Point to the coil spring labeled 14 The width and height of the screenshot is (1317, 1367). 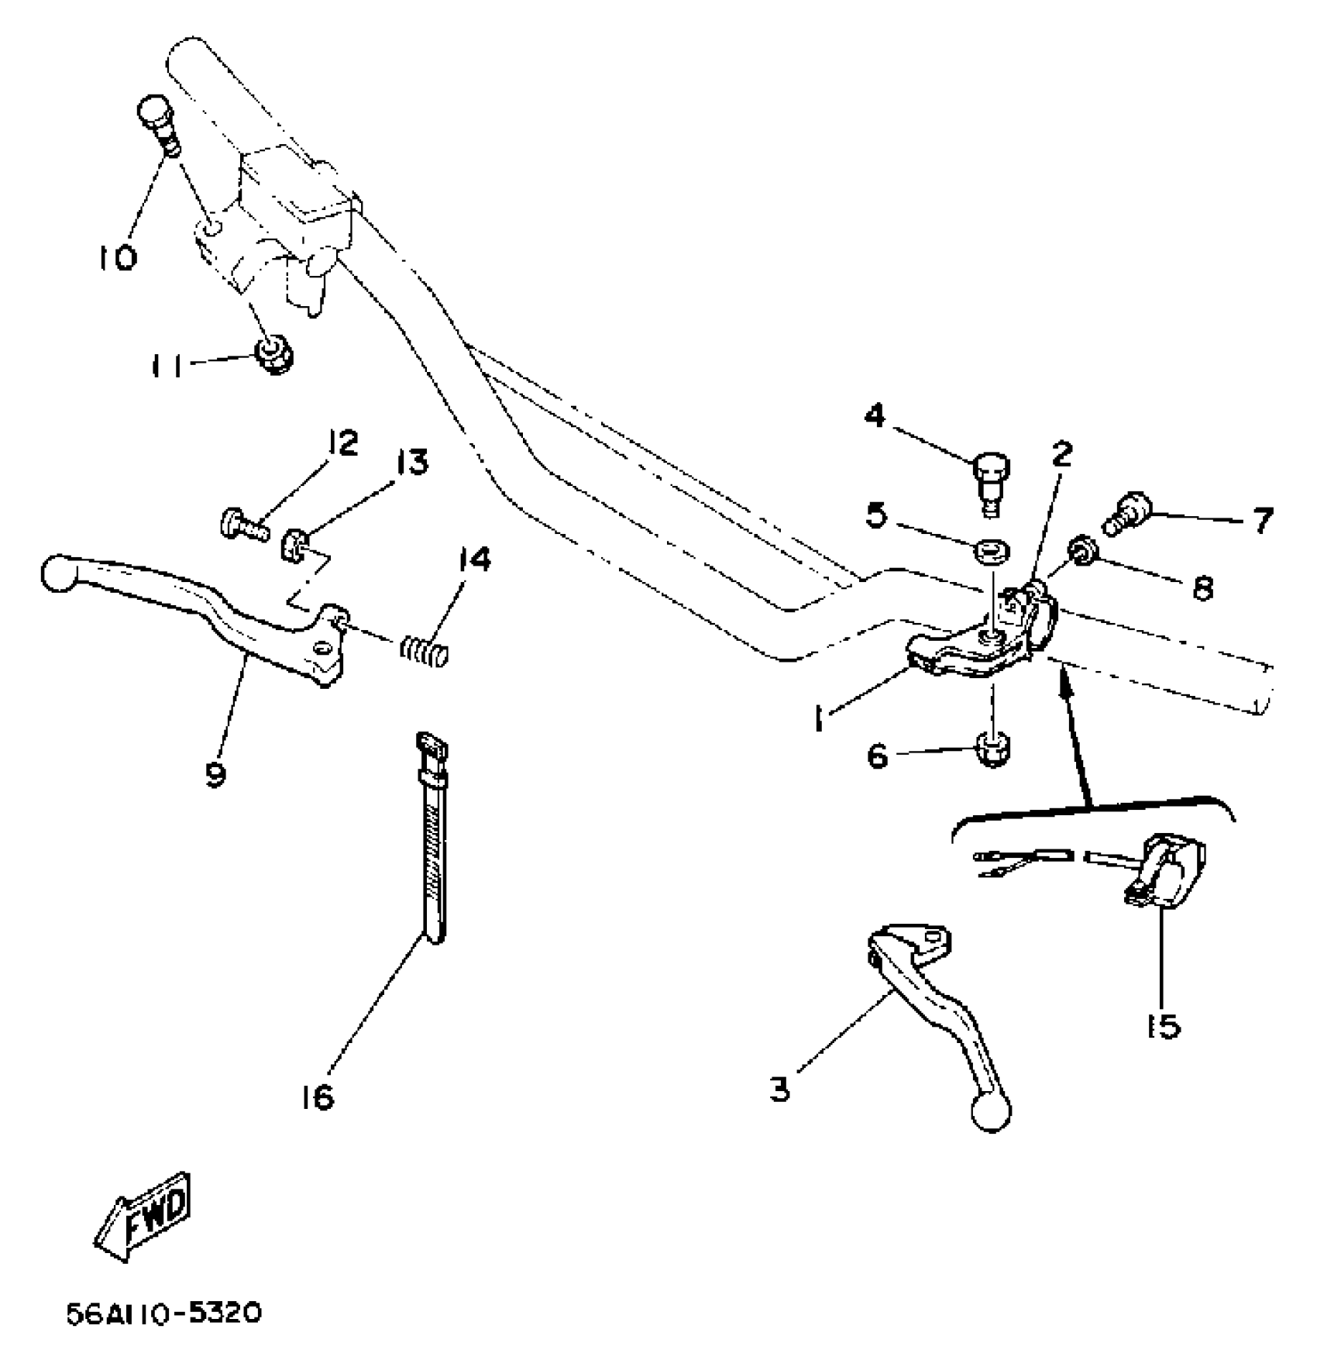pyautogui.click(x=425, y=649)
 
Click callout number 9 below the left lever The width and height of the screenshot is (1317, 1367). pyautogui.click(x=215, y=773)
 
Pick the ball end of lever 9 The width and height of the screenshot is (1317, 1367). pyautogui.click(x=59, y=573)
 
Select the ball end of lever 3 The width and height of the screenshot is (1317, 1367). pyautogui.click(x=991, y=1112)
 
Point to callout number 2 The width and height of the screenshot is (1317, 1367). pyautogui.click(x=1061, y=454)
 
